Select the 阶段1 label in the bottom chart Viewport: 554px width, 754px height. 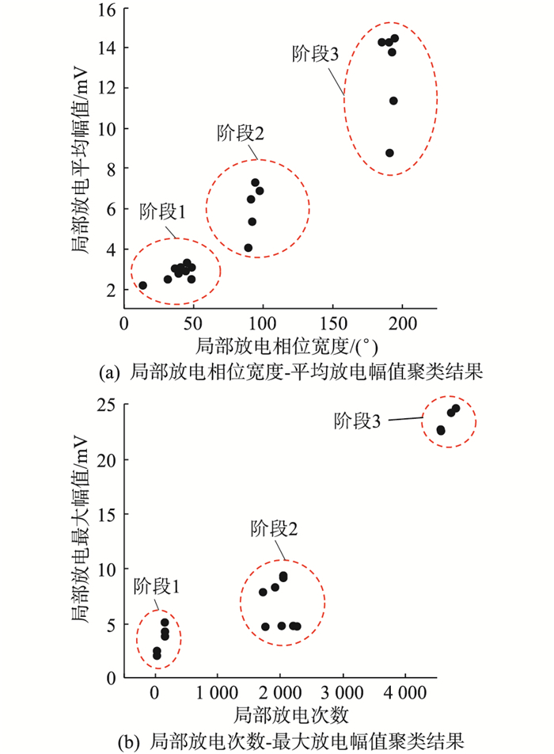157,587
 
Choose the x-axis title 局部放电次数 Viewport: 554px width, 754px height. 291,714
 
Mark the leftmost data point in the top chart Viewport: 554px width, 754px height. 142,285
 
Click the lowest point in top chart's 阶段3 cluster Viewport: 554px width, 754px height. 389,153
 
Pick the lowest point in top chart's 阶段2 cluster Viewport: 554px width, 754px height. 248,248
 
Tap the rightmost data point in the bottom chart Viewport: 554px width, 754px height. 455,409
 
